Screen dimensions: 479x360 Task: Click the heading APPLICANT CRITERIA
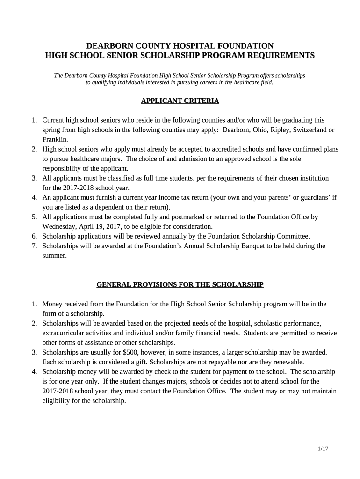(x=180, y=101)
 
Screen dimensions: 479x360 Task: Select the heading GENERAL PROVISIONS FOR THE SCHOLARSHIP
(x=180, y=284)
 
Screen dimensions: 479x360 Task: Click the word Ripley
(x=268, y=130)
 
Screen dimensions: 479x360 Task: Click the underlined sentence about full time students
(x=117, y=178)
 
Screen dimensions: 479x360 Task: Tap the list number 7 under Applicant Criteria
(x=35, y=246)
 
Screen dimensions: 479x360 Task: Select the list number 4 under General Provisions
(x=35, y=372)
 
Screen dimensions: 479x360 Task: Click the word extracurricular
(x=65, y=333)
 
